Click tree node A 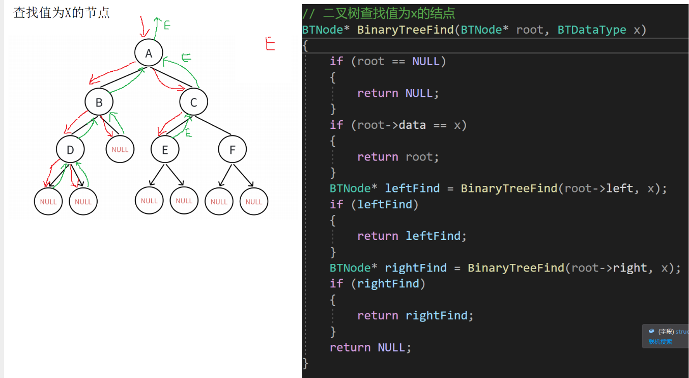point(149,53)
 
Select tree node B point(99,102)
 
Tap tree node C point(193,102)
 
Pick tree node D point(70,150)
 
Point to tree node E point(164,150)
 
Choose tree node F point(233,150)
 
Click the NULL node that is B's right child point(120,150)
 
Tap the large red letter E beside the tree point(270,44)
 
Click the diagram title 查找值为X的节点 point(62,13)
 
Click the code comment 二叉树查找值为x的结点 point(389,13)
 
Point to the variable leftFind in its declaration point(412,188)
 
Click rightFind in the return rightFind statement point(436,316)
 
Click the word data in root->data point(412,125)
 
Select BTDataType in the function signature point(592,30)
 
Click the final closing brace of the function point(305,363)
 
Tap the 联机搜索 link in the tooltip point(660,342)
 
